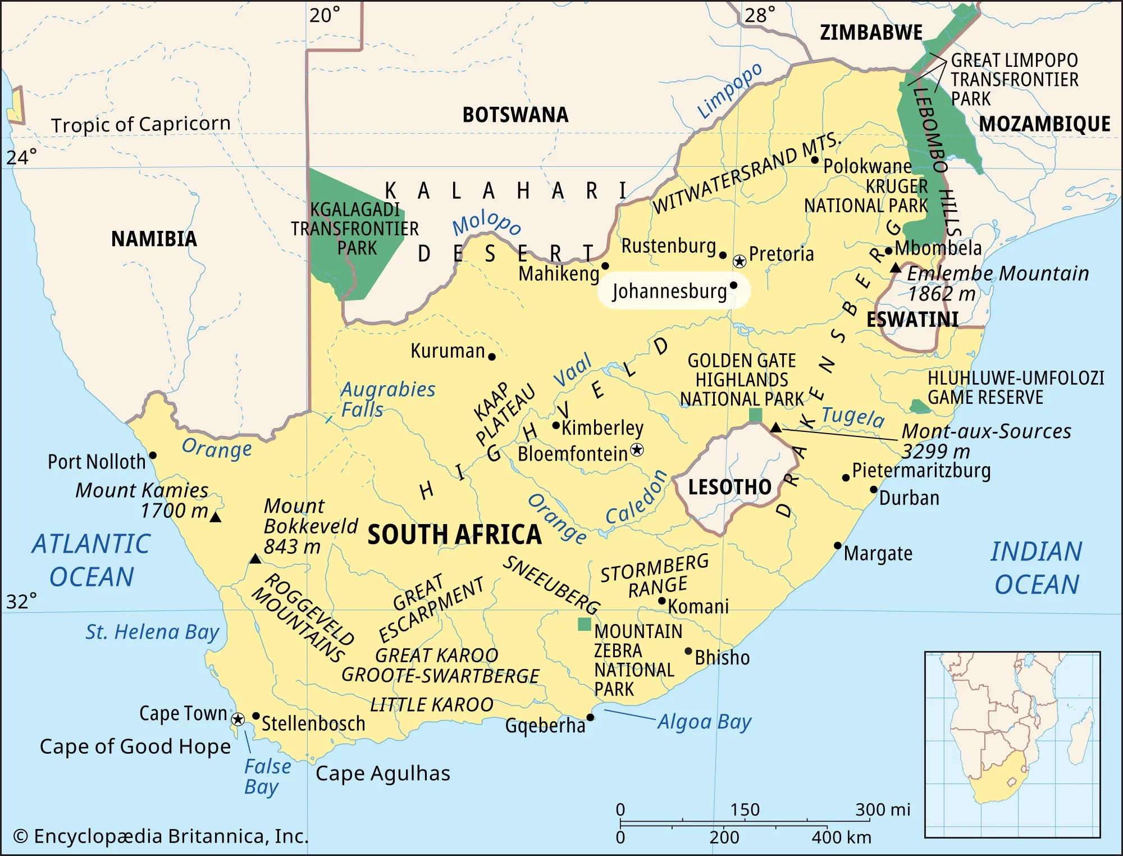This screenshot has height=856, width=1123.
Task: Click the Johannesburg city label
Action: click(x=669, y=292)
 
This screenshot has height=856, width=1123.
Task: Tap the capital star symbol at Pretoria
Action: click(x=739, y=261)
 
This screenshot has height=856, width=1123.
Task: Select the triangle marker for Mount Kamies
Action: click(x=215, y=517)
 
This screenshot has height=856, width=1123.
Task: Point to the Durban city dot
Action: click(x=874, y=489)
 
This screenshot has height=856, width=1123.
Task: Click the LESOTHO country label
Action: click(x=729, y=487)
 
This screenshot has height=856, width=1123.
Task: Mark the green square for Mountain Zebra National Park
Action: click(x=585, y=624)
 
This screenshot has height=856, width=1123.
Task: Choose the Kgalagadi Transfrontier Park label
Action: click(x=355, y=229)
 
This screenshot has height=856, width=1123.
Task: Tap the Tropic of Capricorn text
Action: click(x=141, y=124)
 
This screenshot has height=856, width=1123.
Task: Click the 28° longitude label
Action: click(x=760, y=15)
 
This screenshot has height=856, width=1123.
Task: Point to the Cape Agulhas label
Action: click(x=382, y=773)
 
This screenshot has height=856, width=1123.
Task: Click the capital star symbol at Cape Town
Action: click(x=238, y=719)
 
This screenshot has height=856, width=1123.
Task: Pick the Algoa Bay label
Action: click(x=704, y=722)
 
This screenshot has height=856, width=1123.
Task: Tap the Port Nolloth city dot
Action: click(x=153, y=455)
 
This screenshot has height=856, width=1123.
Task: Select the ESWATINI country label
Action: click(x=912, y=320)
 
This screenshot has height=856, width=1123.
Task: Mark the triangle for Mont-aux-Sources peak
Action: click(x=775, y=428)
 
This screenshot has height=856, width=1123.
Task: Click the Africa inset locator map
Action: click(x=1012, y=744)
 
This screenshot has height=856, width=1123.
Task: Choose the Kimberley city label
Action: click(x=602, y=428)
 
